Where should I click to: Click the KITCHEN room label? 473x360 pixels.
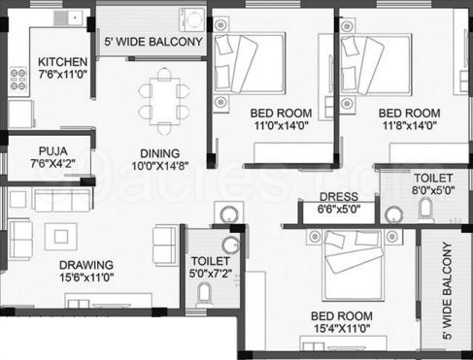click(x=63, y=62)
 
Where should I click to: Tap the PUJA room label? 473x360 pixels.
click(x=53, y=151)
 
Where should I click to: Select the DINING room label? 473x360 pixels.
click(x=160, y=153)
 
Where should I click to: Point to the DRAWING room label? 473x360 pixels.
click(x=86, y=265)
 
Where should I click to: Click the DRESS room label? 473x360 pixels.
click(x=339, y=197)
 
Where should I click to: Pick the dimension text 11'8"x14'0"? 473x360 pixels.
click(x=410, y=125)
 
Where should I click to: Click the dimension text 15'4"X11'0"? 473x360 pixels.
click(x=342, y=329)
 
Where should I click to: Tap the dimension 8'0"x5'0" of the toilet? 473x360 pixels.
click(x=433, y=190)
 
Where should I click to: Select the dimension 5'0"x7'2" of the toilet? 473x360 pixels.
click(x=211, y=274)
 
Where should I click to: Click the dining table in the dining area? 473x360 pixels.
click(x=164, y=101)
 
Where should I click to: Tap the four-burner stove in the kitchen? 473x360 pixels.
click(x=18, y=80)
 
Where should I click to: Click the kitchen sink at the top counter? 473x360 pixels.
click(x=68, y=17)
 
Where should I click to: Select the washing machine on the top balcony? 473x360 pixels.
click(x=192, y=19)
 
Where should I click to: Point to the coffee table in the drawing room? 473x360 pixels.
click(x=61, y=237)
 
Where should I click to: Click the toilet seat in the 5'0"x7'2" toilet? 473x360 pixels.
click(x=204, y=294)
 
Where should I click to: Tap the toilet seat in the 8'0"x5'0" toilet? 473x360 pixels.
click(x=425, y=210)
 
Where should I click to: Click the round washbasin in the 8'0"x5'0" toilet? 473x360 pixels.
click(x=394, y=215)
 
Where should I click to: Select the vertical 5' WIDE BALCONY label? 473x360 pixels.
click(x=447, y=290)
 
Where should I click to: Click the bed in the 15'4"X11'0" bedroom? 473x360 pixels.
click(x=355, y=265)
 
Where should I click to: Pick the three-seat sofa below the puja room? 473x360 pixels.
click(x=62, y=201)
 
